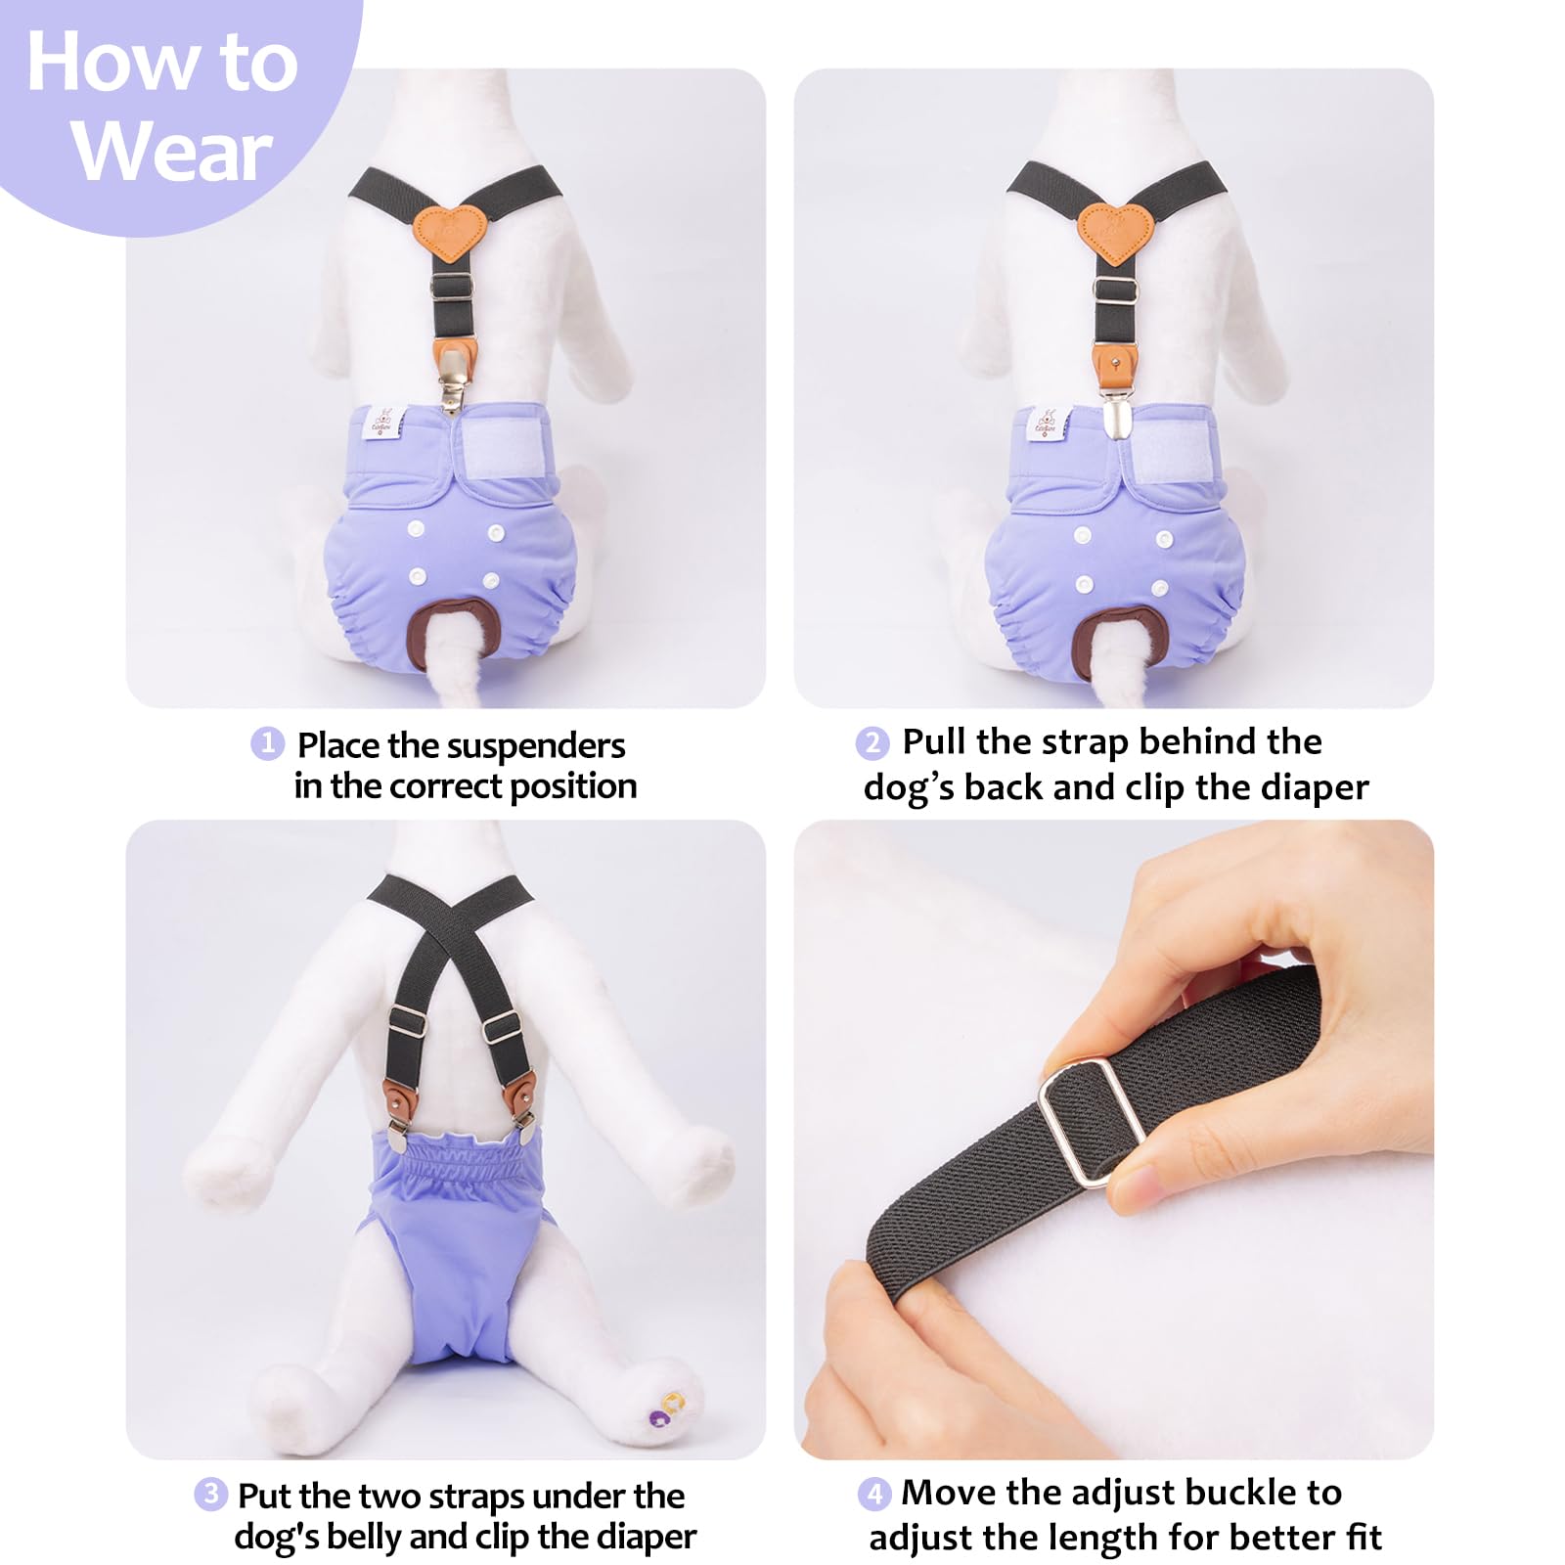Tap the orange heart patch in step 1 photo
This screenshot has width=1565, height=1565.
point(449,233)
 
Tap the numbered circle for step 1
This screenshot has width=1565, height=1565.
point(267,744)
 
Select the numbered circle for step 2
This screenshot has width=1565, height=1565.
point(872,743)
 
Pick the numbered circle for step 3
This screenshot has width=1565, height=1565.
point(210,1494)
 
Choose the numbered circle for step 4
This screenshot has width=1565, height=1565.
point(874,1494)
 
